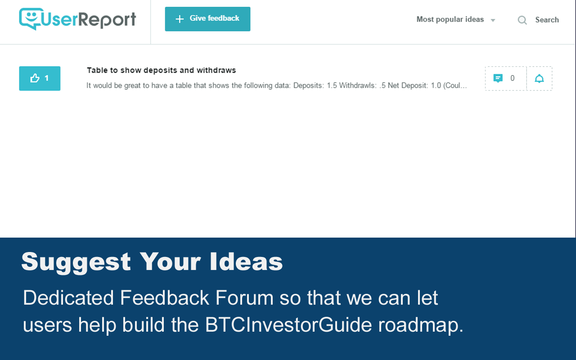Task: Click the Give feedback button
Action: click(207, 19)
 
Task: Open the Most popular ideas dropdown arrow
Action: click(493, 20)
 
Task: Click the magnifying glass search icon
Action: click(522, 20)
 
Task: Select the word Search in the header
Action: click(547, 20)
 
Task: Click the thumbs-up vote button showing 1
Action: click(40, 78)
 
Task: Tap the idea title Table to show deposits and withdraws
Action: click(161, 70)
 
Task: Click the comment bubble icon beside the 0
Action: click(498, 78)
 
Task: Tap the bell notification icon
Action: click(539, 79)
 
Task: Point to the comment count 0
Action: click(512, 78)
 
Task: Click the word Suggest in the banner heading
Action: click(76, 262)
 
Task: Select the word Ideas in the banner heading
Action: click(246, 262)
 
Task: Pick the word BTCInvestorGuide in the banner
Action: click(288, 325)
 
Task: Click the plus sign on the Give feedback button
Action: click(180, 19)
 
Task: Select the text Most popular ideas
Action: click(450, 19)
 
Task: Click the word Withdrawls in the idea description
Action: click(358, 85)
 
